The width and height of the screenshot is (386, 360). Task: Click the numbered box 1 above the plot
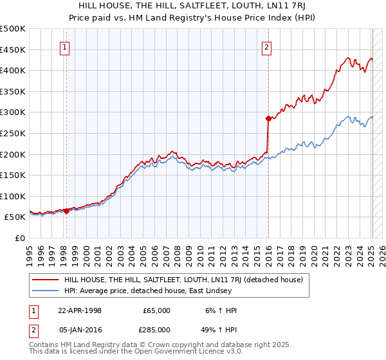point(66,46)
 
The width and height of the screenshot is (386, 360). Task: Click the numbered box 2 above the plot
point(266,46)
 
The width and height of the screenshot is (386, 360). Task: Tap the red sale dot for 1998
point(66,211)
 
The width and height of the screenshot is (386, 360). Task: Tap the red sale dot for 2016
point(268,118)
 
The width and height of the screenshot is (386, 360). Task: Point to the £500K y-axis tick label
point(13,29)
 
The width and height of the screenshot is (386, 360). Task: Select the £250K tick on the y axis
point(13,133)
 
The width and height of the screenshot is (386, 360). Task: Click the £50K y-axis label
point(15,217)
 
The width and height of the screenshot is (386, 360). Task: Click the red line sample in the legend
point(46,280)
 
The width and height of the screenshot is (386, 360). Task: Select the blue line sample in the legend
point(46,291)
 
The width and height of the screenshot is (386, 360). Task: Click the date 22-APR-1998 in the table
point(80,310)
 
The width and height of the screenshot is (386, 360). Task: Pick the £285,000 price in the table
point(157,330)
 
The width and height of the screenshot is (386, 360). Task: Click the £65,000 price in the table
point(157,310)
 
